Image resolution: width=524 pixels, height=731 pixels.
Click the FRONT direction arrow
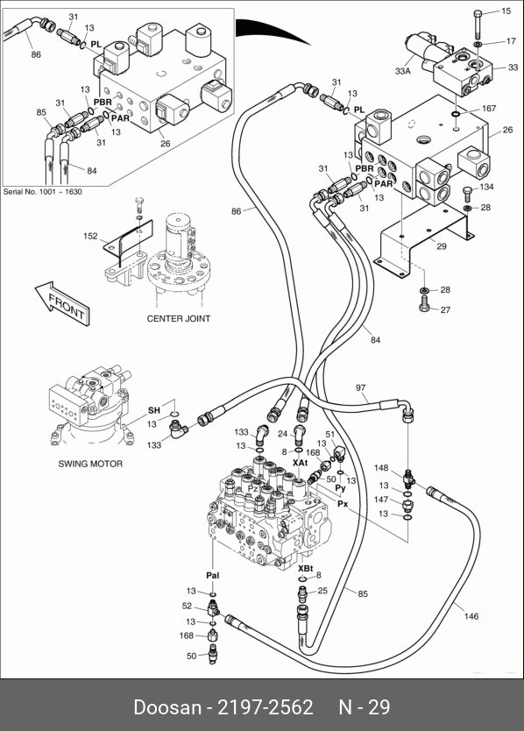62,303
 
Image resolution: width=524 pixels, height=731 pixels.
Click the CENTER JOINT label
179,319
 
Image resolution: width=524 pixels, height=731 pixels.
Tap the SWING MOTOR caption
90,464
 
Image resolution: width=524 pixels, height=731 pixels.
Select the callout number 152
90,236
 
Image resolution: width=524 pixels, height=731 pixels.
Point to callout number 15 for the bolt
506,11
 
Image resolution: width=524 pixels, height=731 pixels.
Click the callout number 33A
403,71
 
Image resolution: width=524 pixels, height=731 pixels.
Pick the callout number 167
489,108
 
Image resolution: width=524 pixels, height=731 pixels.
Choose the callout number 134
486,187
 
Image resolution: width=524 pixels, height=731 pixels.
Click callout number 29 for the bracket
442,246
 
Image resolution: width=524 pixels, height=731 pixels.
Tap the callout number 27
446,309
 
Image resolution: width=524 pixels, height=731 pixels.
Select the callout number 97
361,388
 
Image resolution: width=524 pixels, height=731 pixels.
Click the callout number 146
471,616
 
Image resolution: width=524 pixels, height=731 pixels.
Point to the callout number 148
381,468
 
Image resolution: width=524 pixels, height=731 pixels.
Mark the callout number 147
381,500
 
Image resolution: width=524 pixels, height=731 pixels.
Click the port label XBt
305,569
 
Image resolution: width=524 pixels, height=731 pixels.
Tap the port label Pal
213,576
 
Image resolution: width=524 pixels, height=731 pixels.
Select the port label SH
154,410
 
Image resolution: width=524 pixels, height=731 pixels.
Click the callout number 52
187,606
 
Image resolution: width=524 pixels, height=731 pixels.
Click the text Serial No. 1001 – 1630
42,192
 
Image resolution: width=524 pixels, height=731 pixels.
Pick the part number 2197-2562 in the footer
266,707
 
